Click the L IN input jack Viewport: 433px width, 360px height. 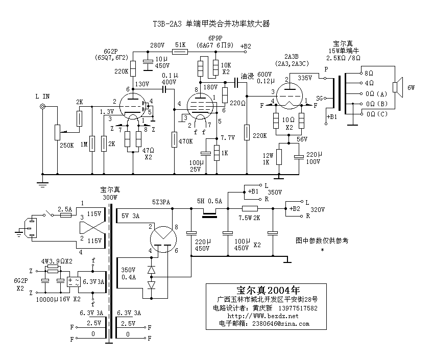tap(43, 107)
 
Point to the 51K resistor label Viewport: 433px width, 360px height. tap(180, 45)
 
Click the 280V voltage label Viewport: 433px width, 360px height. tap(157, 45)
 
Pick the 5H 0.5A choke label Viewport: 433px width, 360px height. tap(209, 201)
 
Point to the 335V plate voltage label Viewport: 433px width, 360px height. tap(305, 78)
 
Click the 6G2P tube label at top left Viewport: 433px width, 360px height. tap(111, 51)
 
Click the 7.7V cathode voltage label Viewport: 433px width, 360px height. tap(228, 138)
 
